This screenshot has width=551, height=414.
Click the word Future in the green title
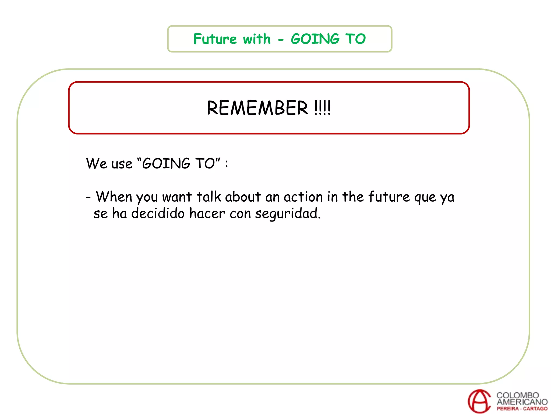[x=215, y=39]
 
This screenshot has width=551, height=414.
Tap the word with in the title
[x=257, y=39]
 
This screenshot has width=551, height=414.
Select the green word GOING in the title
[x=315, y=39]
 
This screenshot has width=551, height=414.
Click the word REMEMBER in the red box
[x=257, y=108]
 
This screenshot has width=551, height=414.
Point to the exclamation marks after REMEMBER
[x=322, y=108]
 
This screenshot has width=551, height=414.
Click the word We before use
[x=96, y=164]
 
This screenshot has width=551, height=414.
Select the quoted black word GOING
[x=166, y=164]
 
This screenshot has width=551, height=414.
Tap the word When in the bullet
[x=114, y=197]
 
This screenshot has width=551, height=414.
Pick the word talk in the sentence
[x=209, y=197]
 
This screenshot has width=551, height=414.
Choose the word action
[x=303, y=197]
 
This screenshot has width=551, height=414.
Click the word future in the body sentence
[x=389, y=197]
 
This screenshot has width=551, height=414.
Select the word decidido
[x=158, y=213]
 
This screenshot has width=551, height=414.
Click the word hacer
[x=207, y=213]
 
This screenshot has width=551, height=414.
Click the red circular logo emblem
[x=479, y=401]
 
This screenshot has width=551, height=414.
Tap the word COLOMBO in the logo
[x=518, y=395]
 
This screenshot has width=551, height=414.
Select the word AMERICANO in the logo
[x=522, y=402]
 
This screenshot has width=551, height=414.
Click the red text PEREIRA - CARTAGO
[x=522, y=409]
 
